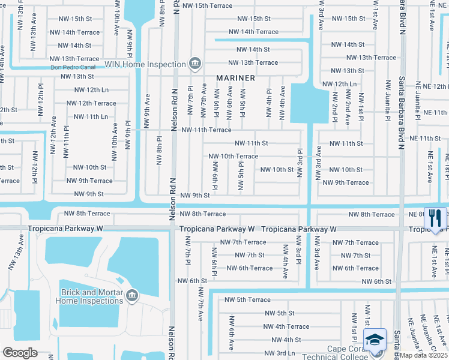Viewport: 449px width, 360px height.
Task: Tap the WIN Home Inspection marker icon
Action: click(x=194, y=63)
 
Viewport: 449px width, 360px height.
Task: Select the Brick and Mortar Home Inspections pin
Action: click(x=131, y=295)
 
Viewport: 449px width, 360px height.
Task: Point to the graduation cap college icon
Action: click(x=375, y=340)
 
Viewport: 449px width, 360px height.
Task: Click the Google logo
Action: click(x=20, y=352)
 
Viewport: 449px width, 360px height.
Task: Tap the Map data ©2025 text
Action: click(x=423, y=355)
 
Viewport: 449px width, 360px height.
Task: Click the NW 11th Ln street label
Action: click(x=88, y=116)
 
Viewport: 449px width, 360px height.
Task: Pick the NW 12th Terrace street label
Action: click(x=91, y=103)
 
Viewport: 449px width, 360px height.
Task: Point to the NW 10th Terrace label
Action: click(x=234, y=156)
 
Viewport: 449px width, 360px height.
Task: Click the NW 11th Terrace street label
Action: click(x=206, y=130)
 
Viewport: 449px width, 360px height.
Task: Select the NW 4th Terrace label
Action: click(x=286, y=326)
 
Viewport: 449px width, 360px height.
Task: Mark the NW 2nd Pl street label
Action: click(x=334, y=107)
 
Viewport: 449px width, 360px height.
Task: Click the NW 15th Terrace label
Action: click(x=207, y=5)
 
